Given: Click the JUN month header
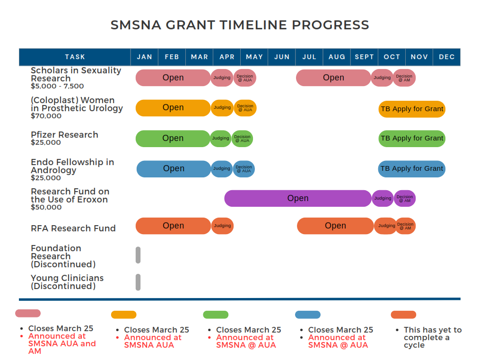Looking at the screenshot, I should (x=282, y=57).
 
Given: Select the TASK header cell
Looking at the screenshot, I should (x=75, y=57).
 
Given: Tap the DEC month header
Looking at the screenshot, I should (x=446, y=57).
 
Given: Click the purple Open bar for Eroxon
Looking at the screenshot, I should (x=298, y=198).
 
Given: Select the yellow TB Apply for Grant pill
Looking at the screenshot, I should (x=412, y=109).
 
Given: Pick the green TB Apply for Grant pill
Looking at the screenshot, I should (x=412, y=138).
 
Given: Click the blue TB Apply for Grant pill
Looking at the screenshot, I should (x=412, y=168).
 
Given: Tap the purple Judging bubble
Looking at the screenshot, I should (x=383, y=198).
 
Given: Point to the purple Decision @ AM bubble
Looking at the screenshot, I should (x=405, y=198).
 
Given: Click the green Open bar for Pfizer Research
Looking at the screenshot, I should (x=173, y=138).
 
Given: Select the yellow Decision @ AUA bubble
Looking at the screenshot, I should (x=245, y=108).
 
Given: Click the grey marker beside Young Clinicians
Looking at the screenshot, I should (x=138, y=282).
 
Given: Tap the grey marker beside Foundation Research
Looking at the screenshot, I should (x=138, y=255).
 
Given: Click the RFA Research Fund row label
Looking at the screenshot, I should (x=73, y=228).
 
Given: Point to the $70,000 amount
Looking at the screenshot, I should (x=46, y=116).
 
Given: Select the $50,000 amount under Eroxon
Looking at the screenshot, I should (x=46, y=207).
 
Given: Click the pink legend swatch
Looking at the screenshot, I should (x=28, y=313).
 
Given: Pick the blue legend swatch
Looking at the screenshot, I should (x=307, y=315).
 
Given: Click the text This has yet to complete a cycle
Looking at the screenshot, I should (x=432, y=337).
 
